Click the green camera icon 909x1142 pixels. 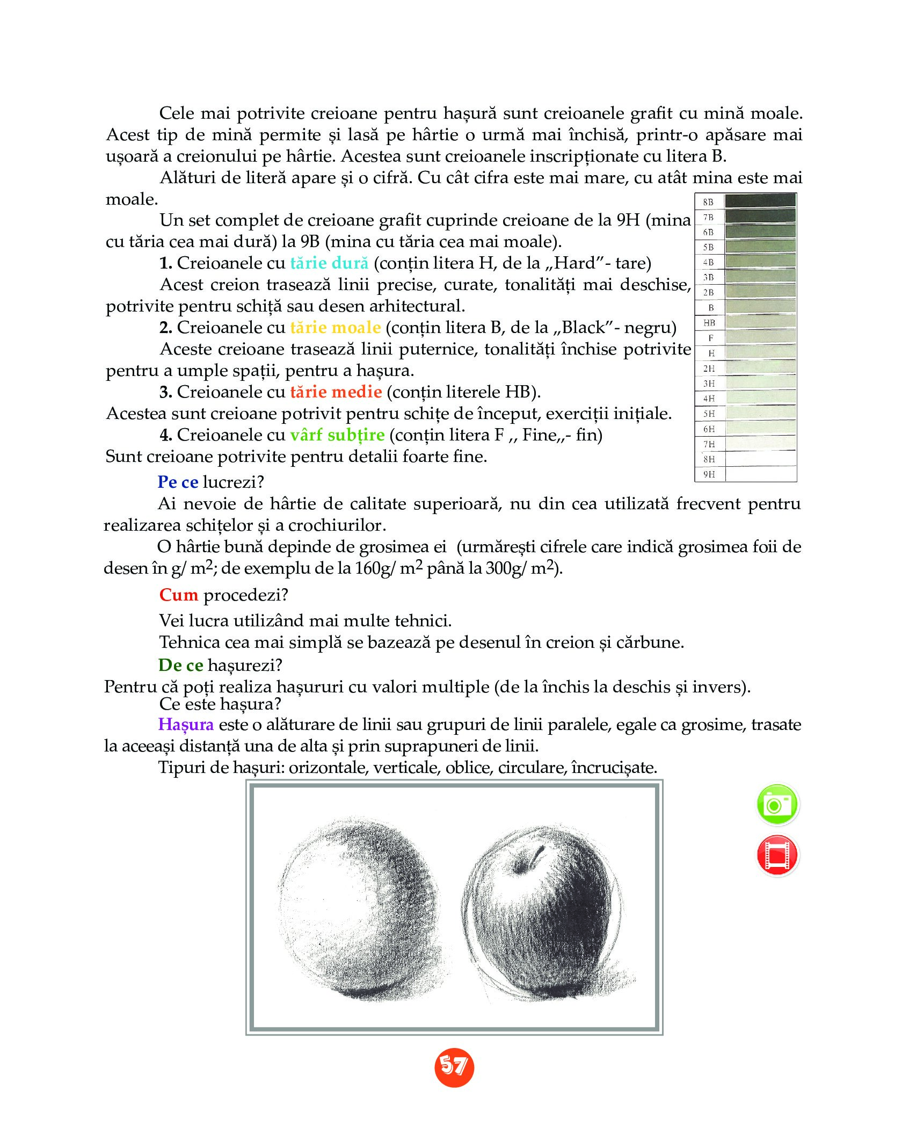tap(777, 805)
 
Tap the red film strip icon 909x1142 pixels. tap(777, 855)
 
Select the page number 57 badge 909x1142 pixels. tap(454, 1066)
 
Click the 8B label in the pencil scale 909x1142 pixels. tap(709, 203)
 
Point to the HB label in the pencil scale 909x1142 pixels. tap(709, 323)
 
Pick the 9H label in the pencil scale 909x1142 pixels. tap(709, 474)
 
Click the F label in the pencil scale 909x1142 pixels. tap(710, 338)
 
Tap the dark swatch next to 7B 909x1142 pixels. tap(760, 217)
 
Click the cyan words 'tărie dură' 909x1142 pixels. tap(329, 263)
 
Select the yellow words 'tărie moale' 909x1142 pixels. tap(336, 328)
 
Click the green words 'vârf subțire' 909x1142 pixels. tap(337, 435)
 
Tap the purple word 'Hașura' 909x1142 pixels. tap(186, 725)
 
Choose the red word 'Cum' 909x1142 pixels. tap(179, 595)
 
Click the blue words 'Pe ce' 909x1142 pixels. tap(178, 482)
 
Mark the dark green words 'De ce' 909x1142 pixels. tap(180, 666)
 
